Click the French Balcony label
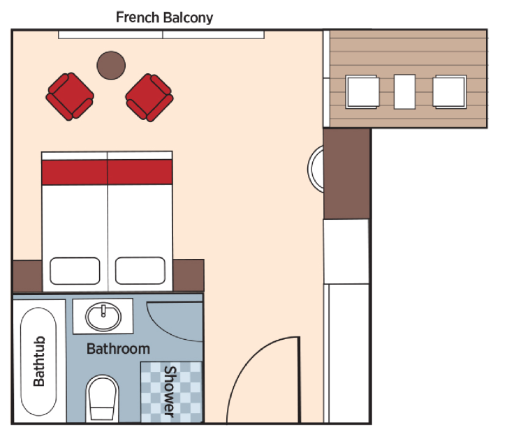click(164, 17)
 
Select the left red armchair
click(70, 96)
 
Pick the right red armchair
click(149, 96)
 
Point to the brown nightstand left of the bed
click(27, 275)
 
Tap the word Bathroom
click(118, 348)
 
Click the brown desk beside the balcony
click(347, 174)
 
